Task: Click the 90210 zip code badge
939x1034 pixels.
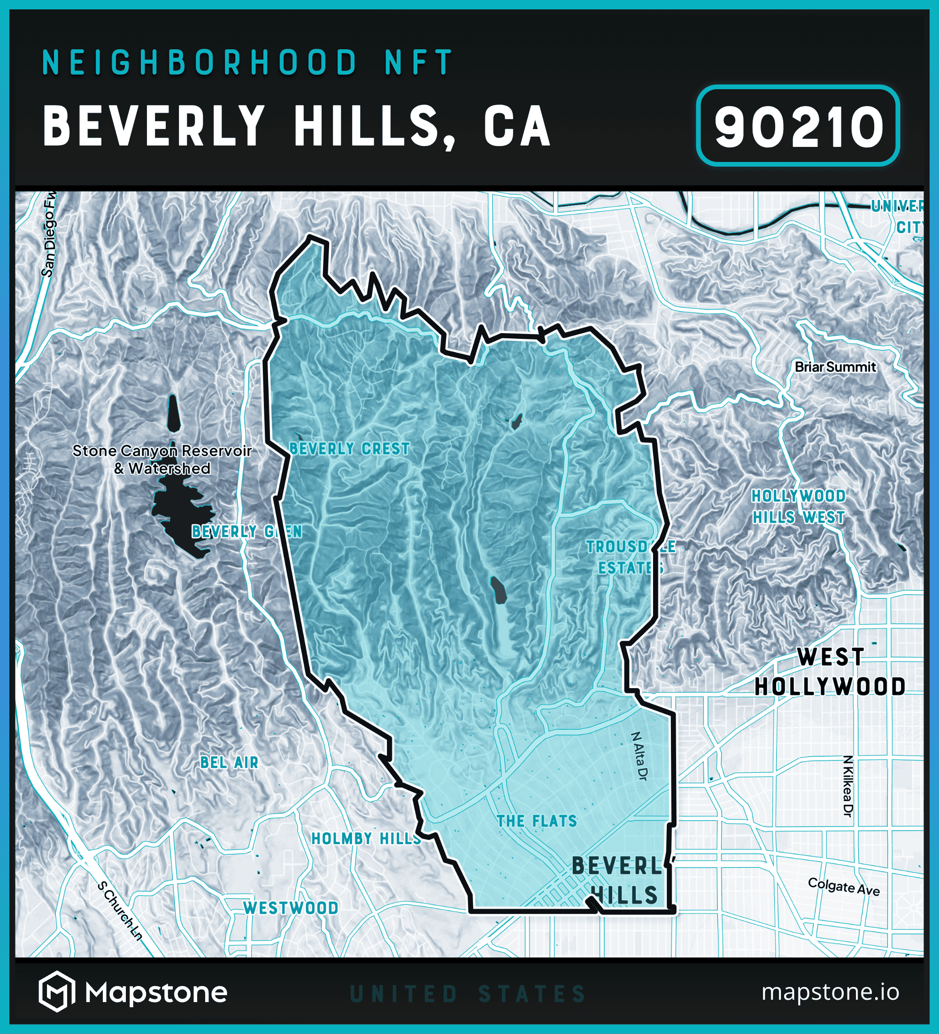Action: tap(797, 126)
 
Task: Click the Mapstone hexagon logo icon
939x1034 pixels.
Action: tap(57, 991)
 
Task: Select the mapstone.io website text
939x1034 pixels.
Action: tap(830, 991)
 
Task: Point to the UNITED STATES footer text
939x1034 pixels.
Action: tap(468, 994)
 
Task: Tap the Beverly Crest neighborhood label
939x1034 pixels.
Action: tap(349, 449)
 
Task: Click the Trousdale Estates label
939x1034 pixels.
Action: tap(631, 558)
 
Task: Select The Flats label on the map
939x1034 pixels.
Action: tap(537, 821)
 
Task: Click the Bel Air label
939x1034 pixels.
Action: tap(230, 763)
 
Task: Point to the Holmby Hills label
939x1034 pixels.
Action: tap(366, 839)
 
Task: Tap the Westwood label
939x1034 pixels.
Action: tap(291, 908)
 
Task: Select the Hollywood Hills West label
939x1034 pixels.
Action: tap(799, 507)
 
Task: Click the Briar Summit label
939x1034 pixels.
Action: tap(835, 367)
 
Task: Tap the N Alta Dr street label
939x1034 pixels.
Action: tap(639, 756)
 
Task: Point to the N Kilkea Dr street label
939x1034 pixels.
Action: tap(847, 785)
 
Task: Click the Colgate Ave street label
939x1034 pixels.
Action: tap(844, 887)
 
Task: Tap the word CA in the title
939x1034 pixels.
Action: tap(517, 126)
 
